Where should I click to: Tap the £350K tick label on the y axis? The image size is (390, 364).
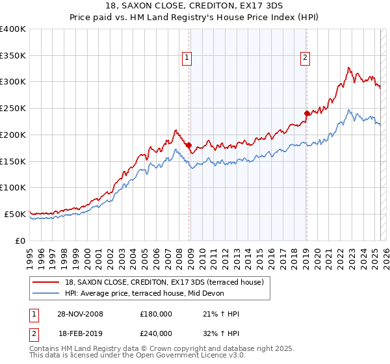14,56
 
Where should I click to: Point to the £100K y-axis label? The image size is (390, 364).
14,187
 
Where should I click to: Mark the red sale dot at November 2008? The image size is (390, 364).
188,146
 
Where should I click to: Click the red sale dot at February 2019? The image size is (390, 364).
307,113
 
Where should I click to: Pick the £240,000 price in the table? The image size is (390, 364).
156,333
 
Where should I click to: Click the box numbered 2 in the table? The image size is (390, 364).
32,333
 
